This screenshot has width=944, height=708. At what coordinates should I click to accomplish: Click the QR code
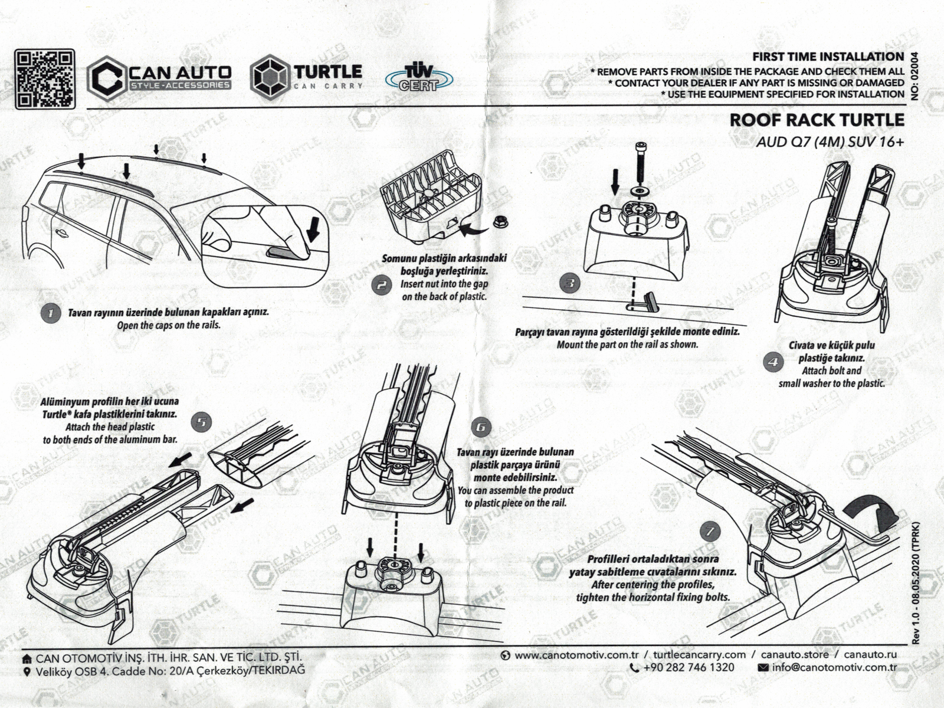tap(45, 79)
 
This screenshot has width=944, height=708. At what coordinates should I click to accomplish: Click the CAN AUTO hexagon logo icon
tap(107, 78)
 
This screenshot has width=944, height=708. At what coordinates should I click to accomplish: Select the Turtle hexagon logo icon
tap(270, 77)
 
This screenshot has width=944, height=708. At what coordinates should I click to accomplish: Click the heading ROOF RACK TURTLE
tap(817, 120)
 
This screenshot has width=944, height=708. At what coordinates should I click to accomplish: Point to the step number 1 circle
tap(50, 313)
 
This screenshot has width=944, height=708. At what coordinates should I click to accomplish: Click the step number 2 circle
tap(382, 286)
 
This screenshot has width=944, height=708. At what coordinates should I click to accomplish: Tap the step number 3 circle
tap(569, 284)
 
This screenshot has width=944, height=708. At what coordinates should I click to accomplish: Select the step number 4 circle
tap(773, 362)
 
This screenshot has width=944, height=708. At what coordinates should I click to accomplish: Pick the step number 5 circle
tap(202, 422)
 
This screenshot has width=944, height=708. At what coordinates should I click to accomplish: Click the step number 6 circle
tap(481, 427)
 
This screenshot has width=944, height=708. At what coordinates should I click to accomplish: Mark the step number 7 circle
tap(710, 531)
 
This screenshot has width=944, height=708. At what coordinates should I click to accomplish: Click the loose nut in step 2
tap(501, 222)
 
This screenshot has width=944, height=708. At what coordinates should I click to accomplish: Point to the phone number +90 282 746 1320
tap(683, 667)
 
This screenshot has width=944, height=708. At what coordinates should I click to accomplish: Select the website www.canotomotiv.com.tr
tap(570, 655)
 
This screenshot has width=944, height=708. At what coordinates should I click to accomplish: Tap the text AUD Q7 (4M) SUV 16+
tap(830, 142)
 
